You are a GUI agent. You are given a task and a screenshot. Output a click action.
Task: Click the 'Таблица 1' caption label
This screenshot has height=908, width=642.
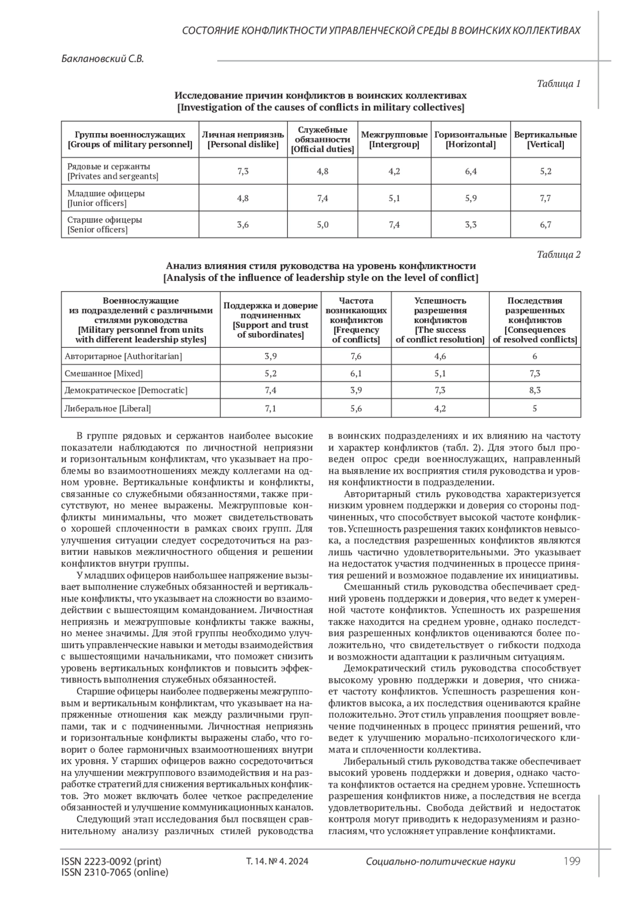(559, 83)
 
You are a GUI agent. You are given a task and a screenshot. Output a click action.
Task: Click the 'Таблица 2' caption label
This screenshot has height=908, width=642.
(559, 254)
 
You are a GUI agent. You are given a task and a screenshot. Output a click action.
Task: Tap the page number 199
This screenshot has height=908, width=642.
(572, 861)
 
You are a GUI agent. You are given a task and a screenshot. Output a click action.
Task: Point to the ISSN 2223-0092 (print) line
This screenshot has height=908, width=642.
(111, 861)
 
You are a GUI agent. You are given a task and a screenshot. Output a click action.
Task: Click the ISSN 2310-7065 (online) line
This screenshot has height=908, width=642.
(115, 872)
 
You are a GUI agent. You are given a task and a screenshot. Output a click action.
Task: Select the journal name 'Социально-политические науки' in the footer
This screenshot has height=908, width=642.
(440, 861)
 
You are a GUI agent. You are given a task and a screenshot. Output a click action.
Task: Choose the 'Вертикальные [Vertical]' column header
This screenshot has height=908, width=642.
(545, 140)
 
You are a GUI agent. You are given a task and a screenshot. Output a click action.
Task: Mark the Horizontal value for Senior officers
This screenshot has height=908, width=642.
(471, 225)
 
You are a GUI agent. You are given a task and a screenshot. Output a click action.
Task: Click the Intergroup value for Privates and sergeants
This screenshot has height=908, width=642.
(394, 171)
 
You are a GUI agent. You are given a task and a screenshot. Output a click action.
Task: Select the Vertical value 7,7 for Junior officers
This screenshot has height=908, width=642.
(545, 198)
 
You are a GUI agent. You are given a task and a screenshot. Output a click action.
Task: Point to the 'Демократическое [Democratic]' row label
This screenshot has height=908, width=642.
(126, 390)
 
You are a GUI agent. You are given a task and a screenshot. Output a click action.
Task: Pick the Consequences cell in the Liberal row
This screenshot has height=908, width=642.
(534, 408)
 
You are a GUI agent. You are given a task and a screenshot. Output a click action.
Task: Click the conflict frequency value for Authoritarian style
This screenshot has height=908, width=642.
(356, 356)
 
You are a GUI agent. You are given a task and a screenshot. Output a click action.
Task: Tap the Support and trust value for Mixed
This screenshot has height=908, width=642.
(271, 373)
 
